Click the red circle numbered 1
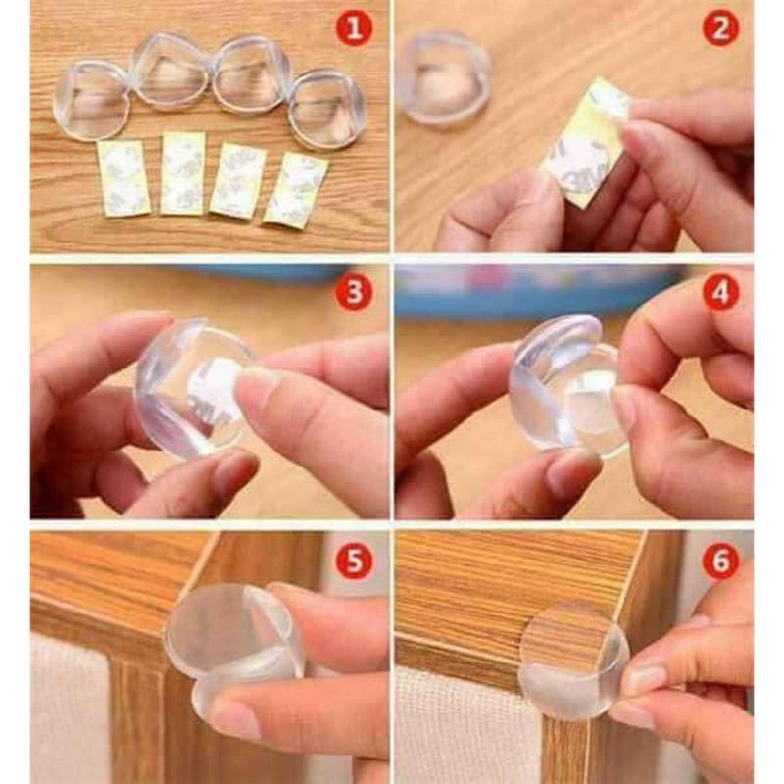coord(354,28)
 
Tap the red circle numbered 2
coord(720,28)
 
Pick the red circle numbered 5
coord(354,562)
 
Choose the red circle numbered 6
coord(720,562)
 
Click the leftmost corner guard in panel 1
coord(91,99)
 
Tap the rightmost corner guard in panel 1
coord(326,108)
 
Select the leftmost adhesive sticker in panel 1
coord(124,177)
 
